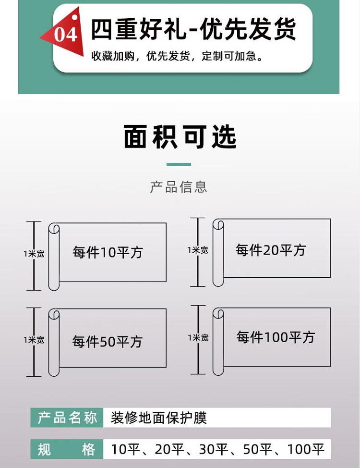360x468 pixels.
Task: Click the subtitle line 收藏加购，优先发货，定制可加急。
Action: pos(177,56)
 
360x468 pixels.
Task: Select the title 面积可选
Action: pos(180,137)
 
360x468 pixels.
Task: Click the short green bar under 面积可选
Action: pos(179,164)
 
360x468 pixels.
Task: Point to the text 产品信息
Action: pos(179,187)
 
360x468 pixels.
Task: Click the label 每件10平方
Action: pos(108,252)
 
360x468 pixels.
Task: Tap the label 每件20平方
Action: pos(271,250)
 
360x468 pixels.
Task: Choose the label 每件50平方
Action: pos(108,342)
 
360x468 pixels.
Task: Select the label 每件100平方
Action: pos(276,337)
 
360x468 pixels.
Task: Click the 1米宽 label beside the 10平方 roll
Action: pos(34,254)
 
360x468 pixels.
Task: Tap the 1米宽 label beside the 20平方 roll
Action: pos(198,250)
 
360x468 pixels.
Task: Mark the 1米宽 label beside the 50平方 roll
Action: pos(34,340)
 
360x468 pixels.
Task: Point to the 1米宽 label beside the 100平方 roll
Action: pos(198,338)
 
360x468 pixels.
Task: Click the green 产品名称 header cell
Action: pos(67,418)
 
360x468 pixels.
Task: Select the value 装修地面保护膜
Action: pos(158,418)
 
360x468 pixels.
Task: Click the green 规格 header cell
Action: pos(67,450)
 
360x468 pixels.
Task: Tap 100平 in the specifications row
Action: pos(306,450)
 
